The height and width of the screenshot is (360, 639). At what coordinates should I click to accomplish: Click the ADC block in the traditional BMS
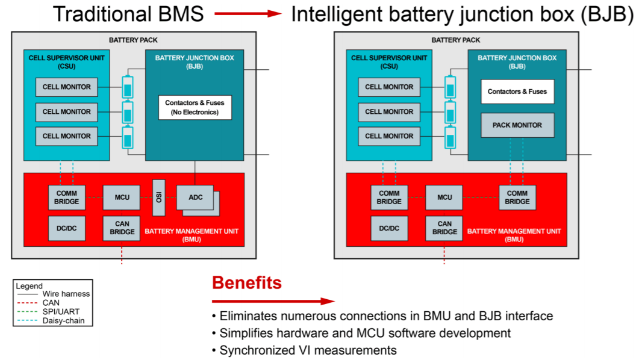click(x=196, y=197)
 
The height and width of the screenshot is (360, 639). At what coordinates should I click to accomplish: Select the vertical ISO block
click(x=159, y=197)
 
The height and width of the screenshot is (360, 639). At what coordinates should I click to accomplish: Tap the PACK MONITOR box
click(x=517, y=125)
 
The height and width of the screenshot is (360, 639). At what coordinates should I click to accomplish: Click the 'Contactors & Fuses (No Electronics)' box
click(x=195, y=107)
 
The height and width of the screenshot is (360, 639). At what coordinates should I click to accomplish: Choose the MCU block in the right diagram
click(x=444, y=197)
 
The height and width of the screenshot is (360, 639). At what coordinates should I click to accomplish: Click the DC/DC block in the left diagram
click(x=66, y=228)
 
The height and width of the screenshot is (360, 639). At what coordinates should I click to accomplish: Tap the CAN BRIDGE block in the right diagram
click(x=444, y=228)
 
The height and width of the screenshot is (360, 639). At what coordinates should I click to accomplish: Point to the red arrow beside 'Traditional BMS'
click(x=248, y=13)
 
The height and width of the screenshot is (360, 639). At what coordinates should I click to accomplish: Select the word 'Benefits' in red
click(x=246, y=282)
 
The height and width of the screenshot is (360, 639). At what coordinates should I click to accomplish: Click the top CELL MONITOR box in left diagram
click(x=66, y=87)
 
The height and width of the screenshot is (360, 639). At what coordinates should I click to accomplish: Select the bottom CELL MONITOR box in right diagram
click(x=389, y=136)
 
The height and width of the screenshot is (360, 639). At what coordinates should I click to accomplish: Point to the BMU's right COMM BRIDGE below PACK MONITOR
click(x=517, y=197)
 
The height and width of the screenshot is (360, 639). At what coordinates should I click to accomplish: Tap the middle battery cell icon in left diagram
click(x=128, y=113)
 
